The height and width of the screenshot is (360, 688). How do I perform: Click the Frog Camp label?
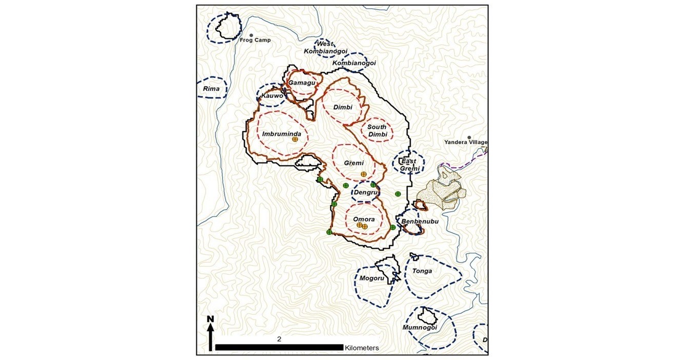coord(255,40)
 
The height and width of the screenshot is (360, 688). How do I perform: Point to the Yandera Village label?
coord(466,143)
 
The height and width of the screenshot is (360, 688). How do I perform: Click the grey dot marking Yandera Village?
coord(469,137)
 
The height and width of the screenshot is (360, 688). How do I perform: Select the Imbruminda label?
coord(278,134)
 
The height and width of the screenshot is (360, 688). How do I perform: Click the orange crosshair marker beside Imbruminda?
coord(295,139)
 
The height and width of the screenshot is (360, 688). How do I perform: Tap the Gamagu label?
coord(301,83)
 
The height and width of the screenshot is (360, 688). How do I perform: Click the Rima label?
coord(211,89)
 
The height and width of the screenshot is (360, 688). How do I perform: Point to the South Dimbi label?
coord(377,130)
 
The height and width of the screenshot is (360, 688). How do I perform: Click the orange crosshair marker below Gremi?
coord(364,174)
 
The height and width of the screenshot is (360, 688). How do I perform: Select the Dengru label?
coord(366,193)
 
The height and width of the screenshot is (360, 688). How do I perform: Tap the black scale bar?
coord(279,347)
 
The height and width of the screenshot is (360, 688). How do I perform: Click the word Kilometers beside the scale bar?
coord(362,348)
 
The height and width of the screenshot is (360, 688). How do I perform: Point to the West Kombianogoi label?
coord(325,47)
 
